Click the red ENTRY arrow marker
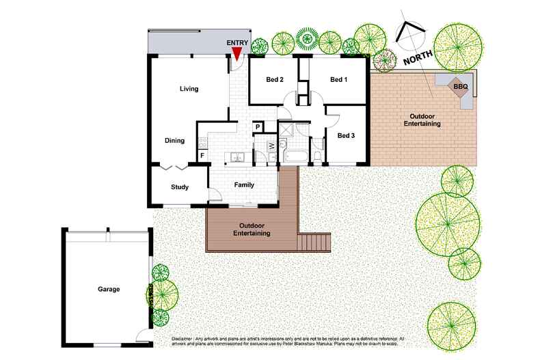(237, 54)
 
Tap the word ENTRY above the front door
(237, 43)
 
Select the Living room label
(189, 89)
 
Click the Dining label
(175, 141)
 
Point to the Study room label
(180, 186)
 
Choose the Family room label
(244, 185)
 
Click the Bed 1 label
(339, 80)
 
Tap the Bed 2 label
(275, 80)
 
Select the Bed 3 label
(347, 135)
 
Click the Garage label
(108, 289)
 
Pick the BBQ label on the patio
(460, 87)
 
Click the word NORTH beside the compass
(417, 57)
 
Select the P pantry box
(258, 126)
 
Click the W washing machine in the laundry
(271, 145)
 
